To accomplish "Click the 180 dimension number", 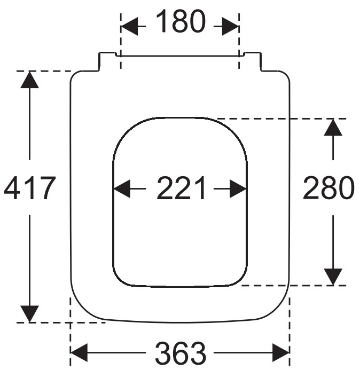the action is tap(181, 21).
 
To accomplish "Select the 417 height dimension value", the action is tap(30, 187).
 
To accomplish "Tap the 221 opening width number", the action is tap(181, 187).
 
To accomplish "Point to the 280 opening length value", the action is tap(328, 187).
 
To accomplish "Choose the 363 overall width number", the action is tap(181, 353).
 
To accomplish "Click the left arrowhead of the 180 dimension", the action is tap(129, 26).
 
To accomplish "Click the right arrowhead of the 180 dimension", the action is tap(230, 26).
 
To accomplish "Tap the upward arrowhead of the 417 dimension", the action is tap(30, 80).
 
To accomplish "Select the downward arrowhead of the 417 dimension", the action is tap(30, 313).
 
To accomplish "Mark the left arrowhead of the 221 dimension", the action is tap(122, 189).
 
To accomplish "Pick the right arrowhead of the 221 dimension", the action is tap(238, 189).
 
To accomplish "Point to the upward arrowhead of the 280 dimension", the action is tap(333, 127).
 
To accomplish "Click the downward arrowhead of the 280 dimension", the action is tap(333, 277).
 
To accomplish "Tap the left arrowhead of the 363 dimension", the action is tap(79, 353).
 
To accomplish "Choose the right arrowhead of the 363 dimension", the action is tap(281, 353).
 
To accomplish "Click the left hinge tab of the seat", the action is tap(107, 61).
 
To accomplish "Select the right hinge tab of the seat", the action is tap(252, 61).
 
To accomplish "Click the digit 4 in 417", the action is tap(12, 188).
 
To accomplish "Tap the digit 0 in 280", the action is tap(345, 188).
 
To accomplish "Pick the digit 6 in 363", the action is tap(181, 353).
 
